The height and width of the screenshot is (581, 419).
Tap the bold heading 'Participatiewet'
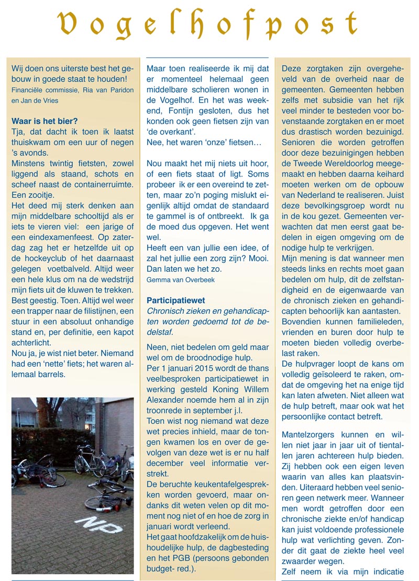pyautogui.click(x=175, y=301)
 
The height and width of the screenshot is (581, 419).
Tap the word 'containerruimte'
pyautogui.click(x=102, y=184)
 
